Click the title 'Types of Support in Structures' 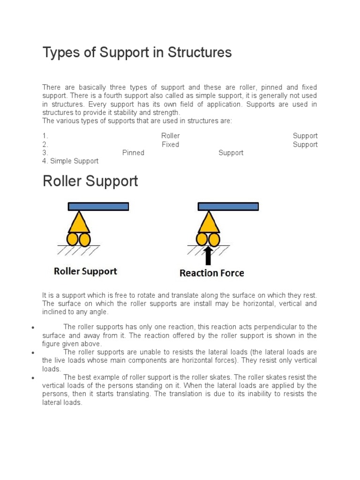point(137,53)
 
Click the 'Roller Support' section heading point(90,181)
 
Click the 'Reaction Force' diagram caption point(212,273)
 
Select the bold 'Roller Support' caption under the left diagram point(86,271)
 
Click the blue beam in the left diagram point(98,206)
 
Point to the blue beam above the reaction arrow point(228,206)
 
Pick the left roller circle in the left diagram point(73,240)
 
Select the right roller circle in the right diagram point(214,240)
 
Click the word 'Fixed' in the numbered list point(170,144)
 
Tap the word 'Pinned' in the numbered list point(133,153)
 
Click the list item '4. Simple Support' point(70,161)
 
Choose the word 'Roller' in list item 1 point(170,136)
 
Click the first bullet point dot point(33,327)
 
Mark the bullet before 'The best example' point(33,378)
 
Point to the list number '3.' point(45,153)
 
